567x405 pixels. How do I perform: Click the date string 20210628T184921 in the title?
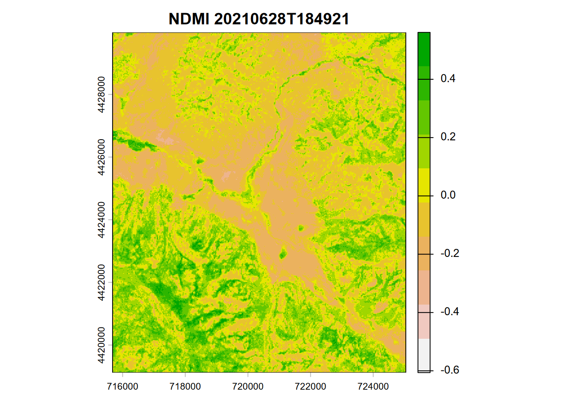click(x=281, y=19)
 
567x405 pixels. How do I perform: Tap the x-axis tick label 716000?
click(x=122, y=386)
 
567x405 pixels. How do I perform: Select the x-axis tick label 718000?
click(x=185, y=386)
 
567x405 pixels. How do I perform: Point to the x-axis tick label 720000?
click(x=248, y=386)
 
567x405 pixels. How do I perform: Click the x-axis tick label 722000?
click(x=310, y=386)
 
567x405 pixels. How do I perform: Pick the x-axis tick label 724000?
click(x=373, y=386)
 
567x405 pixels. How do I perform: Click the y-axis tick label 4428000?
click(x=101, y=94)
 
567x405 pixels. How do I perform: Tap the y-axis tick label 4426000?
click(x=101, y=157)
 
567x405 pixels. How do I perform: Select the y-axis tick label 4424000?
click(x=101, y=220)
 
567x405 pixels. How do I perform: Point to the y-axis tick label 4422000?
click(x=101, y=282)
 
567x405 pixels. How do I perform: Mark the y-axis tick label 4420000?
click(x=101, y=345)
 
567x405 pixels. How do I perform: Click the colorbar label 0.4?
click(x=448, y=79)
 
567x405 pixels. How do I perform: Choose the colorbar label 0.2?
click(x=448, y=137)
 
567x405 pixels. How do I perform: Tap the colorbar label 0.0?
click(x=448, y=195)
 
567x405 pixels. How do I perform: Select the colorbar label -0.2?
click(x=450, y=254)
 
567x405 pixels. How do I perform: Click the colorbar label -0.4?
click(x=450, y=312)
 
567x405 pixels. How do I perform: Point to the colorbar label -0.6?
click(x=450, y=370)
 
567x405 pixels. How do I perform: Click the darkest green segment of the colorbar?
click(x=424, y=49)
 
